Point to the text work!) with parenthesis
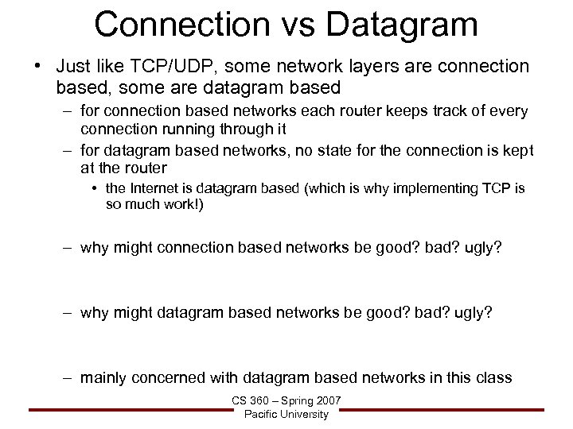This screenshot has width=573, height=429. (189, 205)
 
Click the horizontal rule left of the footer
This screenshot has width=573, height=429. (127, 410)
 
